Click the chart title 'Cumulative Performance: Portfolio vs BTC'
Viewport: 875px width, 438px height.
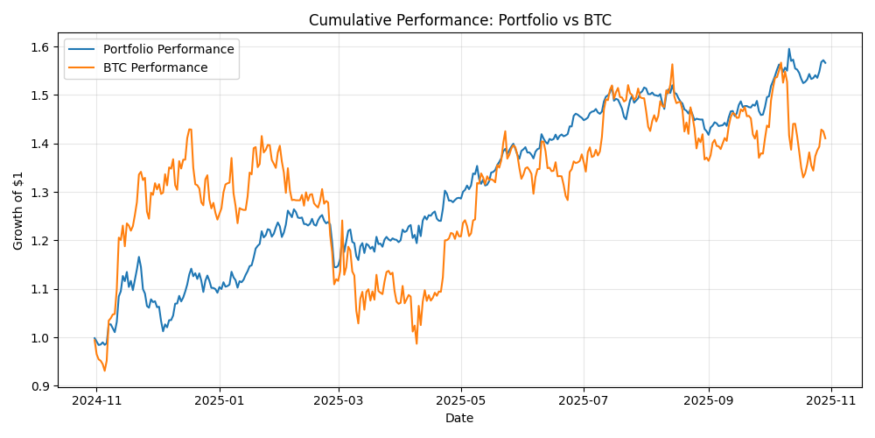tap(459, 19)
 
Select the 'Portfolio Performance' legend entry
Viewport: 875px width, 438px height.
tap(168, 49)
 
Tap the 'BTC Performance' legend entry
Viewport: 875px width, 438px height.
tap(155, 67)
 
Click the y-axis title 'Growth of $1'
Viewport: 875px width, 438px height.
tap(18, 212)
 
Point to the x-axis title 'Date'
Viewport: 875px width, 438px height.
tap(459, 419)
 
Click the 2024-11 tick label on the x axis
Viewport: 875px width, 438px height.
tap(95, 400)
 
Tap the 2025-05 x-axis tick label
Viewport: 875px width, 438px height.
tap(461, 400)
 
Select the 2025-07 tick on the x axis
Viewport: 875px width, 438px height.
tap(584, 400)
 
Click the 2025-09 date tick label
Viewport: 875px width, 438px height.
tap(708, 400)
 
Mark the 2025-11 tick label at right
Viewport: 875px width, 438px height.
tap(830, 400)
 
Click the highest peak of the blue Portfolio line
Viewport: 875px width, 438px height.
tap(788, 49)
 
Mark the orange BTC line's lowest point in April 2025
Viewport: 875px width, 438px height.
tap(416, 343)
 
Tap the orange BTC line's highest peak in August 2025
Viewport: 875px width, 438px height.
tap(672, 64)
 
